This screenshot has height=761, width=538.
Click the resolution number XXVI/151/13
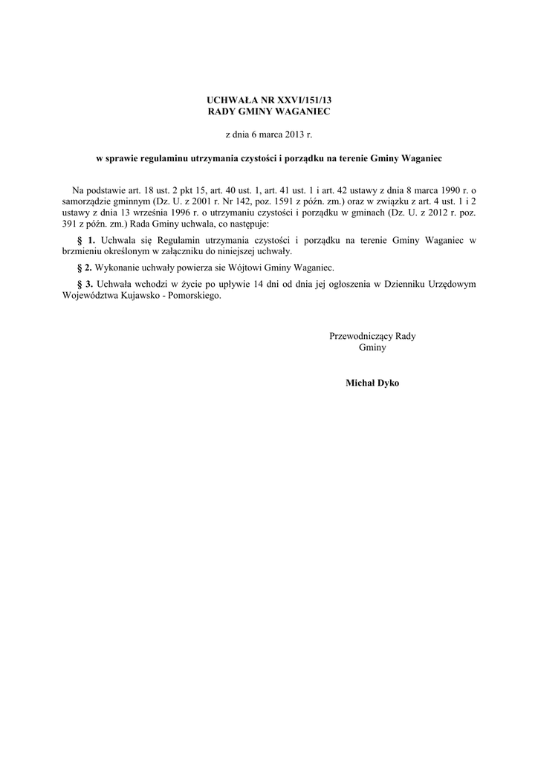297,99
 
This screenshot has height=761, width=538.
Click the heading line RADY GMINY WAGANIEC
268,111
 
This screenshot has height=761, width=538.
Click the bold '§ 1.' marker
87,241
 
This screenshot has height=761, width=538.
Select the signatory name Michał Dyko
372,383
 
